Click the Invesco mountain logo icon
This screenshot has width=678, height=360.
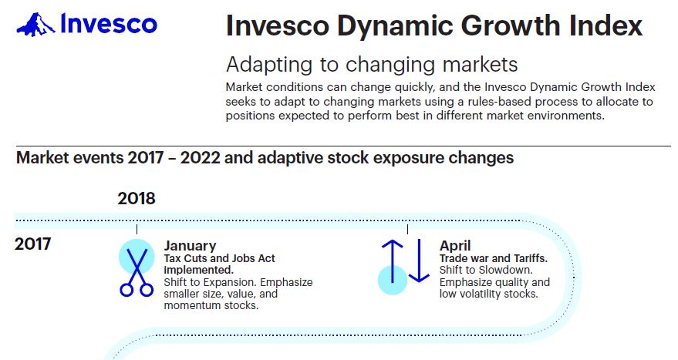[x=35, y=25]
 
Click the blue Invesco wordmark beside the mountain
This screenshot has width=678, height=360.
[x=109, y=23]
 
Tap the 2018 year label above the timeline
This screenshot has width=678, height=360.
[x=137, y=198]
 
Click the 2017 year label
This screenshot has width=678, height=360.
[x=33, y=244]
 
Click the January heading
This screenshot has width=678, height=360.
[x=190, y=246]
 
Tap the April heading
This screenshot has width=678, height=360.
[x=455, y=246]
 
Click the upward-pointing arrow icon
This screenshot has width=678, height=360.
[x=392, y=261]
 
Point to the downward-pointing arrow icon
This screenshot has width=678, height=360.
[x=419, y=261]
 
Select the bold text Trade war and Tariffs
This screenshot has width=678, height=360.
[x=494, y=258]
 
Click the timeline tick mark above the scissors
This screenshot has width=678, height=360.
[x=137, y=229]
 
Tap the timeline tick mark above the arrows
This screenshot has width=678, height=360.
[x=407, y=229]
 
